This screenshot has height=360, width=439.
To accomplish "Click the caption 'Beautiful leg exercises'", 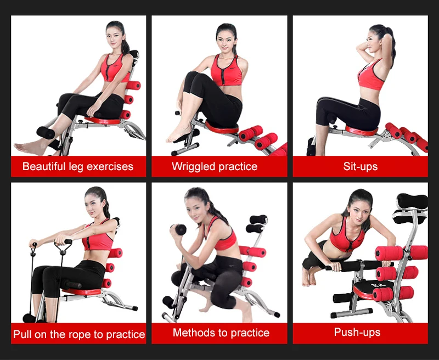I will pyautogui.click(x=78, y=166).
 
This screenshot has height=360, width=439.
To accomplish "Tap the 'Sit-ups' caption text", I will pyautogui.click(x=361, y=166).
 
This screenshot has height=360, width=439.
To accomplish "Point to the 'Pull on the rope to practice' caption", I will pyautogui.click(x=79, y=334).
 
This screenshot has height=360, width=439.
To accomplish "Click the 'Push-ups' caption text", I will pyautogui.click(x=357, y=332).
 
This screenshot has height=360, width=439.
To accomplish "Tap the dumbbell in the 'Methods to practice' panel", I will pyautogui.click(x=179, y=229).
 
